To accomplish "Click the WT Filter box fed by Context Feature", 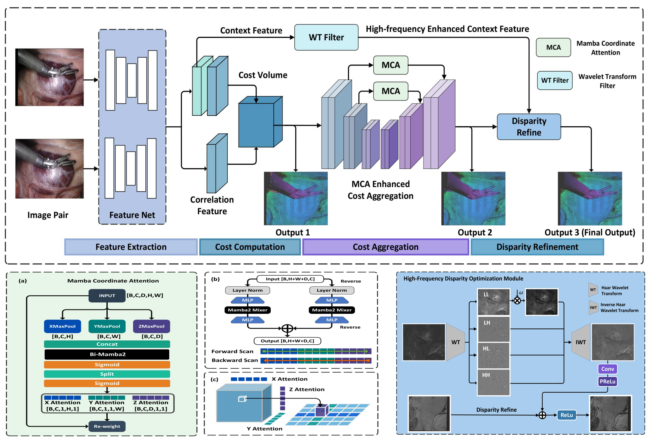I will [326, 37].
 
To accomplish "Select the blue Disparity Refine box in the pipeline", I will [529, 127].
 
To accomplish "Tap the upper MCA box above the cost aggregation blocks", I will [391, 65].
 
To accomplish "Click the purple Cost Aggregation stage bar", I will [385, 247].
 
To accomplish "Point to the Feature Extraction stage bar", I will [131, 247].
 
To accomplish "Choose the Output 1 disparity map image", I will [295, 198].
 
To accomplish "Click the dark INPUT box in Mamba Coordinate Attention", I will [107, 296].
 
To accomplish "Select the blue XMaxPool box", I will [62, 326].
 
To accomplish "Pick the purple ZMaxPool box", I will [151, 326].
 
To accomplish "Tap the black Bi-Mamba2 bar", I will [107, 354].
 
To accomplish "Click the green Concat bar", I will [107, 344].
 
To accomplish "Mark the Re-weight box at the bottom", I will [107, 426].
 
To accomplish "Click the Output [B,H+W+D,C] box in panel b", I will [287, 341].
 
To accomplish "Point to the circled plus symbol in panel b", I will [287, 329].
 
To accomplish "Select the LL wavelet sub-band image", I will [493, 302].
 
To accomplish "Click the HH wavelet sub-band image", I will [493, 382].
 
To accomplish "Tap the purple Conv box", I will [607, 369].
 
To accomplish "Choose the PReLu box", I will [607, 381].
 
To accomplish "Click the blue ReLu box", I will [566, 415].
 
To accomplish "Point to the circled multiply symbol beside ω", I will [517, 301].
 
